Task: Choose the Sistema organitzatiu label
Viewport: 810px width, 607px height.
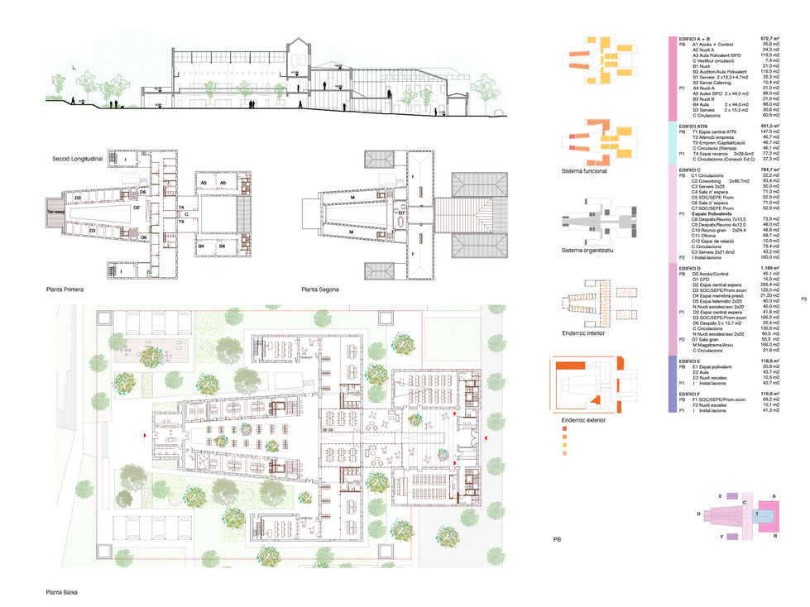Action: point(589,249)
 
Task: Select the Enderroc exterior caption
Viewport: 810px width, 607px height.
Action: point(584,420)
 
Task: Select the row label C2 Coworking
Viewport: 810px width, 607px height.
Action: point(710,180)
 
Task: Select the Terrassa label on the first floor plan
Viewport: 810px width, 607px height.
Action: point(55,212)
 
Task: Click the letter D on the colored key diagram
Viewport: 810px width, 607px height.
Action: point(699,514)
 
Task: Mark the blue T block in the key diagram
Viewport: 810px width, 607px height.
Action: point(757,514)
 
